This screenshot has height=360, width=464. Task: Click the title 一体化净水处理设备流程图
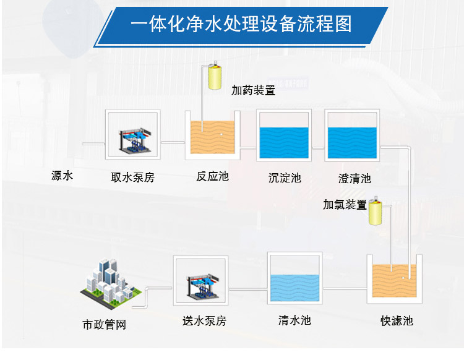tap(241, 25)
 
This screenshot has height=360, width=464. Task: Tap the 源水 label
tap(62, 176)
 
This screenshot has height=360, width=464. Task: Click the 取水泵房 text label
tap(132, 178)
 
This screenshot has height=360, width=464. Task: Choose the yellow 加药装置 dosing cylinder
tap(216, 77)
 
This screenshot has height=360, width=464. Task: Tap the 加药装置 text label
tap(253, 90)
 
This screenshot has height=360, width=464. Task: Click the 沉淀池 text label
tap(285, 178)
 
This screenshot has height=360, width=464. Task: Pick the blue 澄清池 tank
tap(351, 141)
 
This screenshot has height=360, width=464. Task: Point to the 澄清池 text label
tap(354, 179)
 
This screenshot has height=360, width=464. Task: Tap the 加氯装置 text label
tap(345, 205)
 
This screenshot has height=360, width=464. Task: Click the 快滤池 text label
tap(397, 320)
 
